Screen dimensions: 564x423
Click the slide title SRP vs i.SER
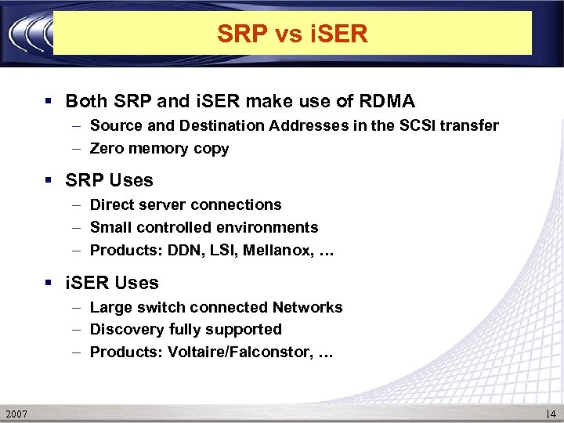tap(291, 34)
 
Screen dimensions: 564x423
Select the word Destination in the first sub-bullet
tap(190, 125)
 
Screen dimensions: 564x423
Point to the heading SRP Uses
tap(109, 180)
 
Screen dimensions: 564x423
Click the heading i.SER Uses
tap(112, 283)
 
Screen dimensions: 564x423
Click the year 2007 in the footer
tap(16, 413)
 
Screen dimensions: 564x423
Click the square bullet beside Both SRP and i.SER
tap(49, 102)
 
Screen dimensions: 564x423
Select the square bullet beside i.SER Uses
tap(49, 284)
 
